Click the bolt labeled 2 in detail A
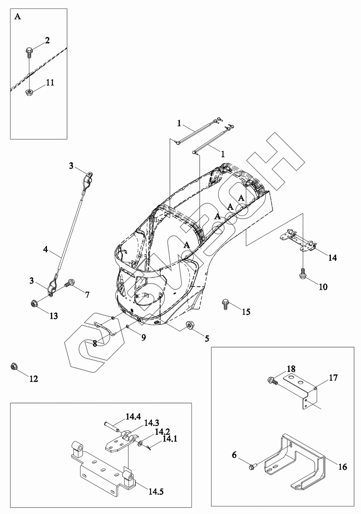[29, 52]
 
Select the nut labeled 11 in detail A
[29, 92]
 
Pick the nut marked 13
[34, 303]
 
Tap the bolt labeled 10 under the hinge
[303, 273]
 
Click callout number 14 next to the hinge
[332, 258]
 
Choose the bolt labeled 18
[271, 380]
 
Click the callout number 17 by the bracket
[333, 378]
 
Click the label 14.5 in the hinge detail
[155, 492]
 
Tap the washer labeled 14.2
[140, 444]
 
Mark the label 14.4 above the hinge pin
[133, 417]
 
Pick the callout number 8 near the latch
[95, 343]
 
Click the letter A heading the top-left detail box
[18, 17]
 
